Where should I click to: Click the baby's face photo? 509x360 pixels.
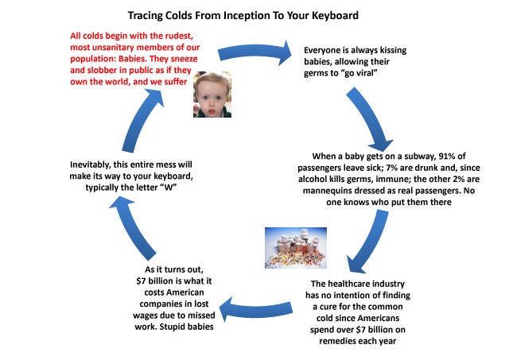212,95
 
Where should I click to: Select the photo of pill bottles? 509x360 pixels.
296,248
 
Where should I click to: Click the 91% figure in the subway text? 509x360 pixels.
447,156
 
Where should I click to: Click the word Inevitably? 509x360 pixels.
90,165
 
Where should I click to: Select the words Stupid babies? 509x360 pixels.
186,327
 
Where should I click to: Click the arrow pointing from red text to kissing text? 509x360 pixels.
254,52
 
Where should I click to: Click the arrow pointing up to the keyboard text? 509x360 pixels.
131,227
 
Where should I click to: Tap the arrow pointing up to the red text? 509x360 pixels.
142,120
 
